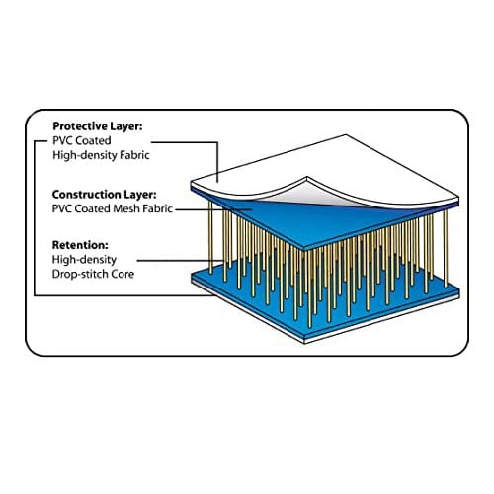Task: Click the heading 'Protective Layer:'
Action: click(98, 126)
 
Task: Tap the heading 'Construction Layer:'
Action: click(104, 195)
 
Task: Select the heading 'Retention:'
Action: click(80, 245)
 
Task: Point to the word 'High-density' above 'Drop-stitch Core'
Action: click(84, 260)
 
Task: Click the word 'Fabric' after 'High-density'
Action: click(134, 155)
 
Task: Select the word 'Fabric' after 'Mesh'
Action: click(158, 208)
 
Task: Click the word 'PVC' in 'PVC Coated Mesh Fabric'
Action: click(62, 208)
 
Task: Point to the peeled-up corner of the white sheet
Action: click(307, 178)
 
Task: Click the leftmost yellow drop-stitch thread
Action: click(210, 237)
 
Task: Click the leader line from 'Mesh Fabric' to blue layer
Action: click(213, 208)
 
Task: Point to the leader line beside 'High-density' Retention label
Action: click(181, 261)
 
